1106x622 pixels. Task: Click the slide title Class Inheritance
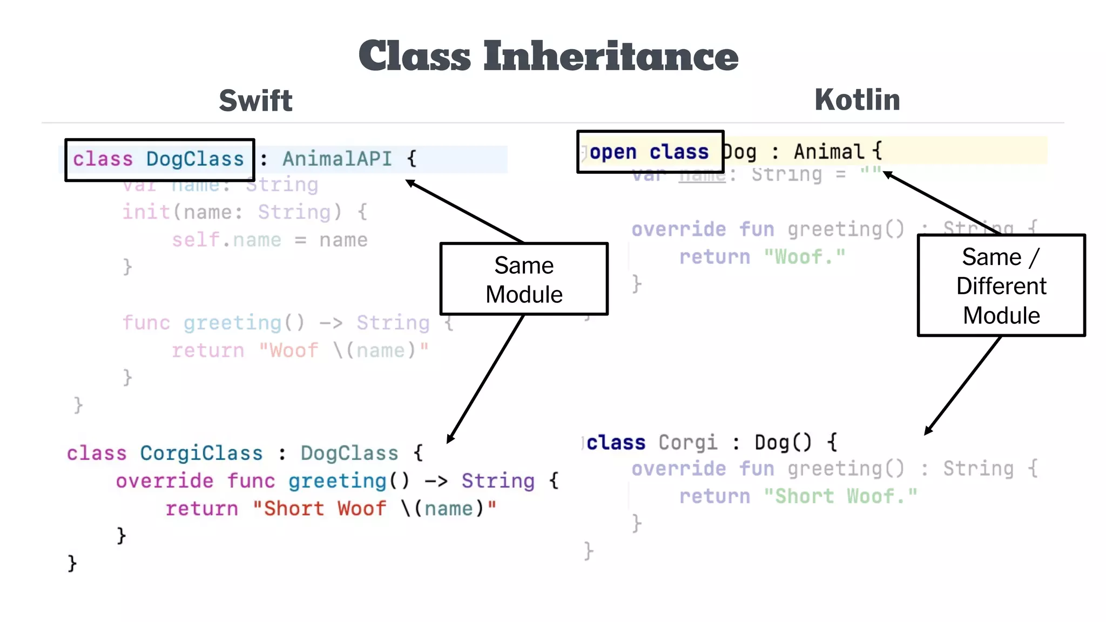tap(548, 56)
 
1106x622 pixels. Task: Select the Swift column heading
tap(255, 101)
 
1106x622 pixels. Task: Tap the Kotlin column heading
tap(857, 100)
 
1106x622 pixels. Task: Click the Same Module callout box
tap(524, 279)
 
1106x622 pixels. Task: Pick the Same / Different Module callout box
tap(1001, 286)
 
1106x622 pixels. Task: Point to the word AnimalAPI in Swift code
tap(337, 159)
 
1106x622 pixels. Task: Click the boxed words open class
tap(649, 152)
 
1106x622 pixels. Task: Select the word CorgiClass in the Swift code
tap(201, 453)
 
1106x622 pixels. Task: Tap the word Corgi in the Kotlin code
tap(688, 443)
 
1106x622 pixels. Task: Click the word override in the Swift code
tap(164, 481)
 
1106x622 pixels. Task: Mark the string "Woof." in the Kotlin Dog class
tap(805, 257)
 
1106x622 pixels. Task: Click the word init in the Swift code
tap(146, 212)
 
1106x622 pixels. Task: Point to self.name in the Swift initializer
tap(226, 240)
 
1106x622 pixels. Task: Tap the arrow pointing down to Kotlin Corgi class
tap(962, 386)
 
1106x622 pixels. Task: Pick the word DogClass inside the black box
tap(195, 159)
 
